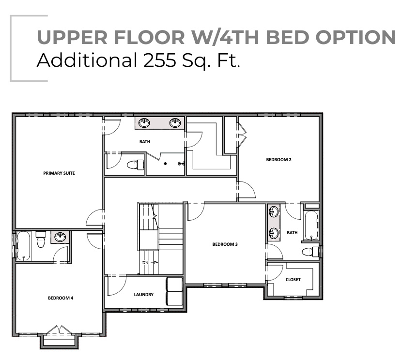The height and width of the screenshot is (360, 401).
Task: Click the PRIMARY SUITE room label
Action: (x=59, y=173)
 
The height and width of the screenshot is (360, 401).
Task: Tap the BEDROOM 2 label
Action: (x=278, y=159)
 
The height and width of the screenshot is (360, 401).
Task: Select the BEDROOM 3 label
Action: (x=225, y=244)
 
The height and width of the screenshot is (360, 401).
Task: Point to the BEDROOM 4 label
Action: (x=61, y=298)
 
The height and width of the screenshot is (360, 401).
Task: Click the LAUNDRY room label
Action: (x=144, y=294)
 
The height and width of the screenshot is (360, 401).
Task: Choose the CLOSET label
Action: (x=293, y=280)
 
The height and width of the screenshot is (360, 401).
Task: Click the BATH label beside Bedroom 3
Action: (x=292, y=233)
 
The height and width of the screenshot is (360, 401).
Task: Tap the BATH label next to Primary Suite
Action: (x=144, y=142)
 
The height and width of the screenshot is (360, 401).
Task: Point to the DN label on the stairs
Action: (x=145, y=262)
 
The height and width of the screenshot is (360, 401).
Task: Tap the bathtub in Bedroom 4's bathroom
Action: (x=24, y=246)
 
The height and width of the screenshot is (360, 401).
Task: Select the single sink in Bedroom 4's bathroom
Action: (x=60, y=237)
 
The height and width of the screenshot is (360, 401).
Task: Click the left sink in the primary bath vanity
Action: (x=144, y=123)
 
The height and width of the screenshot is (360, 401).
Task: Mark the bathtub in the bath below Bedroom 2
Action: (x=310, y=225)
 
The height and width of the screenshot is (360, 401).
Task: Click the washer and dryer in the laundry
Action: (x=174, y=291)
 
